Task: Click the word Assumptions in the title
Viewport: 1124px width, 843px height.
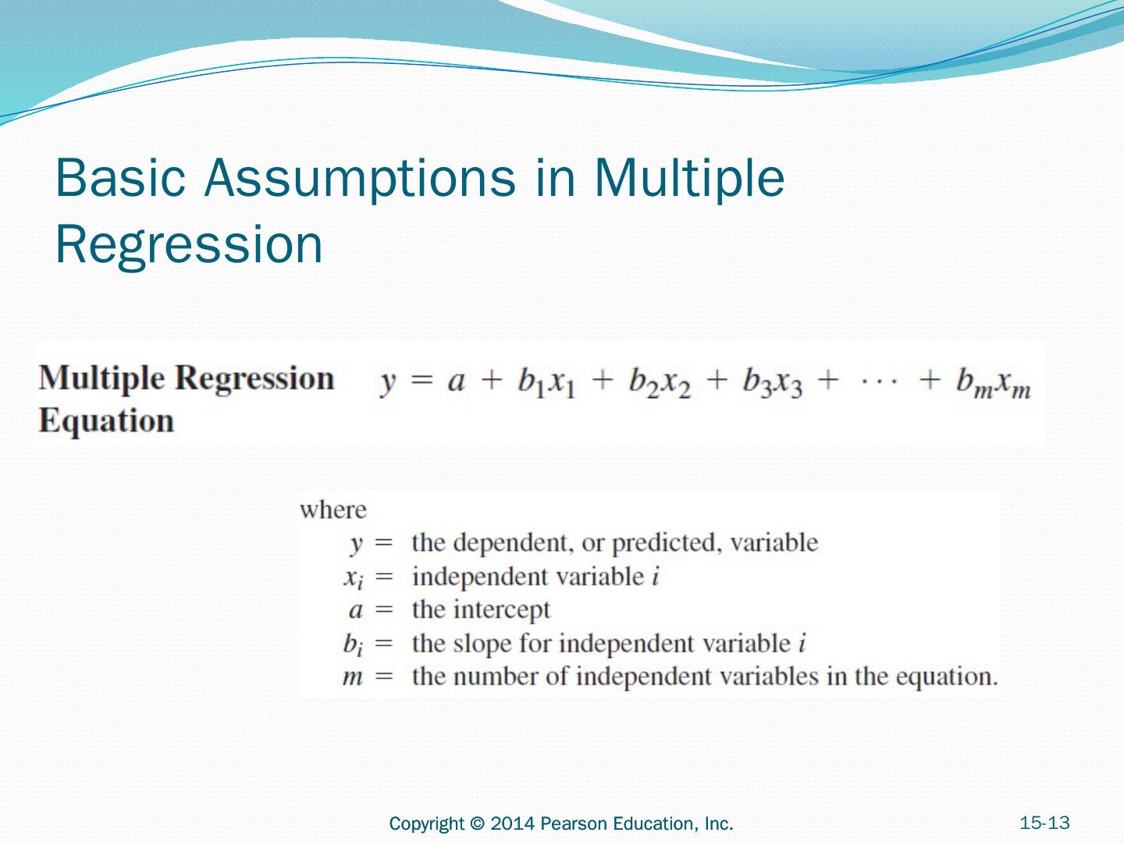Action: point(360,178)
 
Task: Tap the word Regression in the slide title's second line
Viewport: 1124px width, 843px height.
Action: point(189,244)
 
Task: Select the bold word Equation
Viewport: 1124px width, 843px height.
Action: point(106,421)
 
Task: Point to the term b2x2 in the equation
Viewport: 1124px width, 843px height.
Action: point(660,382)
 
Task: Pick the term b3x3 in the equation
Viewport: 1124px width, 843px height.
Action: point(772,382)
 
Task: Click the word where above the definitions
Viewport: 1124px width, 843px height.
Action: point(333,510)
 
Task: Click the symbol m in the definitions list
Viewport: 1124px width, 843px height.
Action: point(353,677)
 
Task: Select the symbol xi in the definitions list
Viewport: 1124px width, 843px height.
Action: point(353,578)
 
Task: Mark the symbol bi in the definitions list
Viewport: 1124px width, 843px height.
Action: point(353,644)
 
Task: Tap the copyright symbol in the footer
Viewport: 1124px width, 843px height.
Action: point(478,823)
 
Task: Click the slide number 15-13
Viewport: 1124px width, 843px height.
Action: point(1044,823)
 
